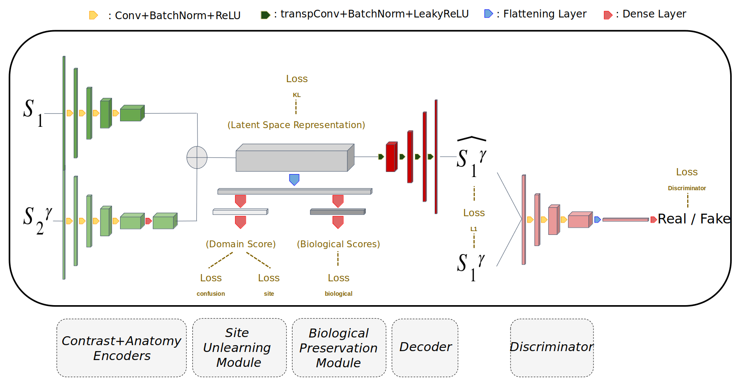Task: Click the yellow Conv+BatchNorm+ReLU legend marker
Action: point(93,15)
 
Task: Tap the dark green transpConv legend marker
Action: point(265,15)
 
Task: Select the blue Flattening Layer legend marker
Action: point(488,14)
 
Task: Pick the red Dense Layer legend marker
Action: point(608,15)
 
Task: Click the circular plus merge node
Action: point(197,157)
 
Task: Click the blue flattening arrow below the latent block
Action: point(294,179)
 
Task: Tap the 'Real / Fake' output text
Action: point(694,219)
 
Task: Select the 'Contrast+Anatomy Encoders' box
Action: point(121,348)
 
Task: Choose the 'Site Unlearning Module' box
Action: point(239,348)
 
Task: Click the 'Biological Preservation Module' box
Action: point(338,348)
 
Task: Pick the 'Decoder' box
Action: point(425,347)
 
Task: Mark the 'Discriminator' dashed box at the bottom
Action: point(551,347)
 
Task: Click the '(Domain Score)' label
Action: point(241,244)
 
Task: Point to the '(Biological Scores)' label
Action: point(338,244)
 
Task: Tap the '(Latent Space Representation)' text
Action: point(296,125)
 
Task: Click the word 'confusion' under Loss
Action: point(211,294)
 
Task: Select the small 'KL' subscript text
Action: point(297,95)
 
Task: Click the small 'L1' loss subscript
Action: point(473,229)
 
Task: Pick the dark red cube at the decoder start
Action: point(391,157)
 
